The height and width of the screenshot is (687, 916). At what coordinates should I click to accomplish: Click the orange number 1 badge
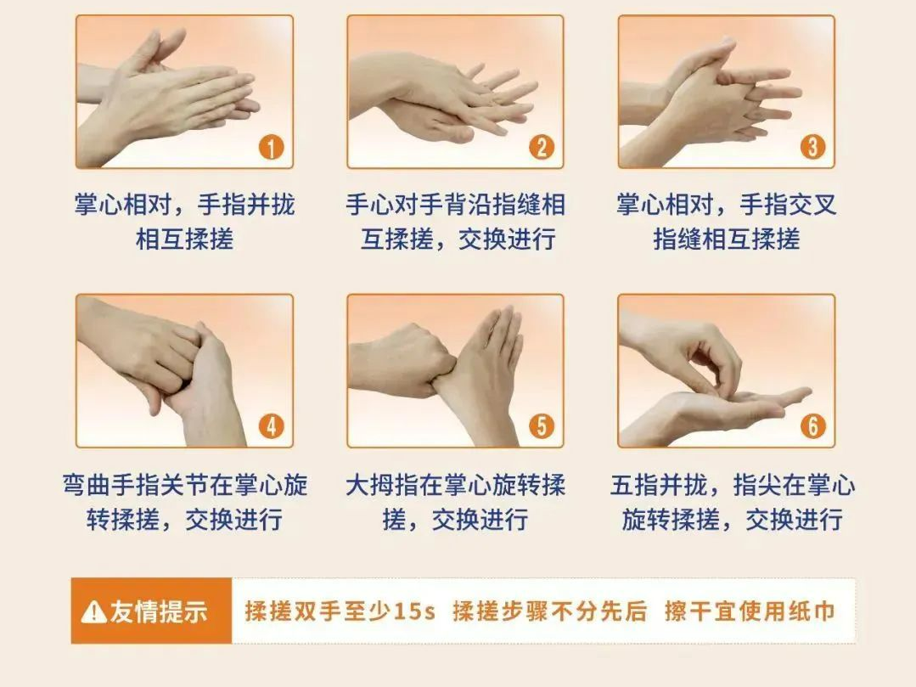(271, 147)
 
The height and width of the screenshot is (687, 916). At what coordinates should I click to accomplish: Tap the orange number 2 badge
(542, 147)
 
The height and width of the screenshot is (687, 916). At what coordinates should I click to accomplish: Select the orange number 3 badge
(812, 147)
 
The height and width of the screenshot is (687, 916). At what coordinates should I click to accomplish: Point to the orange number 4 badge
(271, 425)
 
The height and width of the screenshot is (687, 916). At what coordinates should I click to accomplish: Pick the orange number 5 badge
(542, 425)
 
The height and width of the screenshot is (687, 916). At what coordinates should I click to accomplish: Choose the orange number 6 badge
(812, 425)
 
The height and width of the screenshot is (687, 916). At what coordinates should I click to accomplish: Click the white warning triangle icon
(93, 611)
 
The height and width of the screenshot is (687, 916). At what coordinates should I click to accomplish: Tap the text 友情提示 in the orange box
(158, 611)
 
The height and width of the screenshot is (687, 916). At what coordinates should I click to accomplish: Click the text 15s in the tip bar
(415, 611)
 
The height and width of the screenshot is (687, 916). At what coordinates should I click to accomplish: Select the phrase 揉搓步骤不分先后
(550, 611)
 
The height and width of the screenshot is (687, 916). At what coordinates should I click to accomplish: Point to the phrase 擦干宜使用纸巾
(750, 611)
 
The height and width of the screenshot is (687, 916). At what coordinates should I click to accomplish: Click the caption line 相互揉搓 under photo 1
(184, 239)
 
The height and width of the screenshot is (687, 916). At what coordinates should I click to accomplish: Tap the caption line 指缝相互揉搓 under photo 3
(726, 239)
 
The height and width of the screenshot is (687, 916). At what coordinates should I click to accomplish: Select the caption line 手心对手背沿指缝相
(456, 205)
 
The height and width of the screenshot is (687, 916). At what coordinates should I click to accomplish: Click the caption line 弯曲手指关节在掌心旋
(184, 485)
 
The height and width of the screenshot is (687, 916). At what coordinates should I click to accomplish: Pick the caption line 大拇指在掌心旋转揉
(456, 485)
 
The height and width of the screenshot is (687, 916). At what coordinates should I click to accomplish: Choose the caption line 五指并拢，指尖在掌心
(733, 485)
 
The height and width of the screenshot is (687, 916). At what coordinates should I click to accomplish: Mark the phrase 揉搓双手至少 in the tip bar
(318, 611)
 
